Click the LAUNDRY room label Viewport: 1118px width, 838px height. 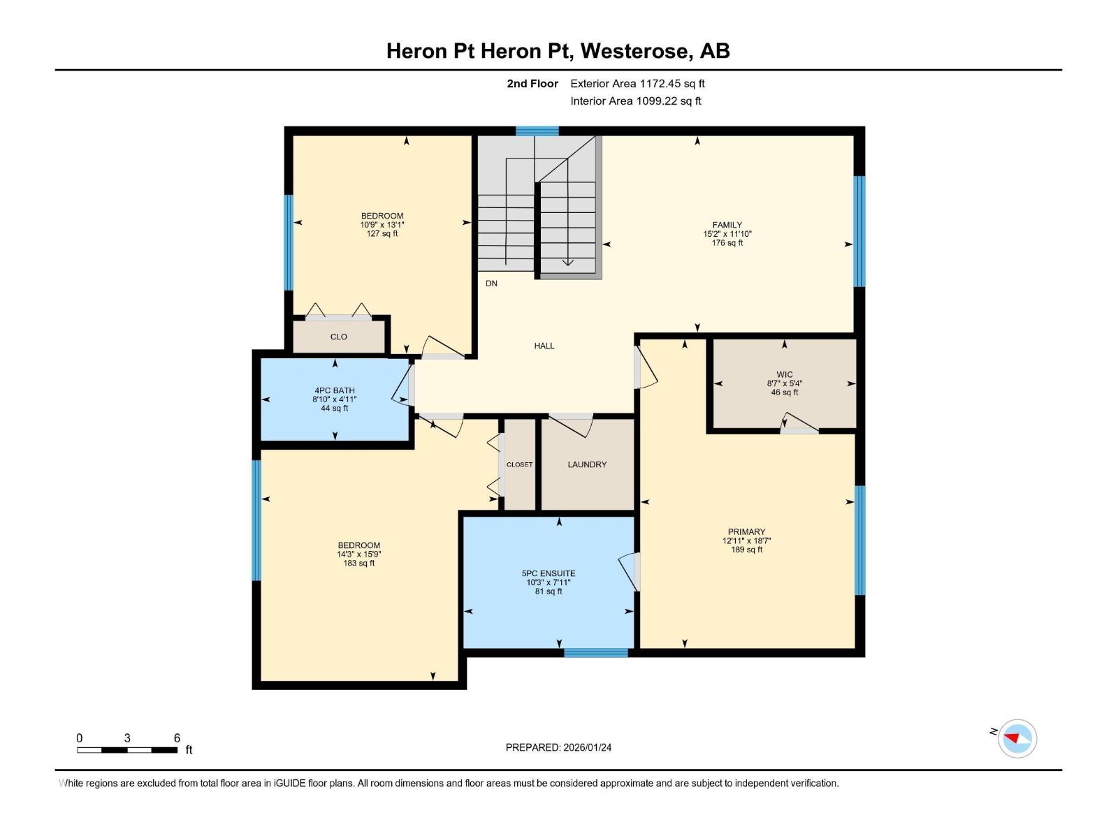[587, 464]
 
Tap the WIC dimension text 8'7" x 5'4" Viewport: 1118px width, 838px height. [784, 383]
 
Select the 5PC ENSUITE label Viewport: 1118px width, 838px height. [549, 573]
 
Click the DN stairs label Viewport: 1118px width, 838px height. [491, 284]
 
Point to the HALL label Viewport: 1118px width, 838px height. [544, 346]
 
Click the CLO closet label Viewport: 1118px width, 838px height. [339, 337]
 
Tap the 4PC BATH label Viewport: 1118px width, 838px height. [335, 390]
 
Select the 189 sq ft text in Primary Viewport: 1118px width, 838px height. [746, 550]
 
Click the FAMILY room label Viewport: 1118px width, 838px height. [727, 225]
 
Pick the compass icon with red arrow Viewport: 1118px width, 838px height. [1017, 738]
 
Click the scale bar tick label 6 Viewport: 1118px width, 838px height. [177, 738]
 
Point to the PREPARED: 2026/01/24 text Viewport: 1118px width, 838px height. [558, 747]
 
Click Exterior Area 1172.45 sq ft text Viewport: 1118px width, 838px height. [637, 84]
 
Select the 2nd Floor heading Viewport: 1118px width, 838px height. [532, 84]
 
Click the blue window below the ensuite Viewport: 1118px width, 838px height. [596, 653]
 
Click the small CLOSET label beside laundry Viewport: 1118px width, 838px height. [519, 464]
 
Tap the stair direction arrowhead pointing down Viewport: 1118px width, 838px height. [567, 263]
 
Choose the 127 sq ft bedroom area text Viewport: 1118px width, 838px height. [382, 234]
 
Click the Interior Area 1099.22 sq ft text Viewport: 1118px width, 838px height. [635, 101]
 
